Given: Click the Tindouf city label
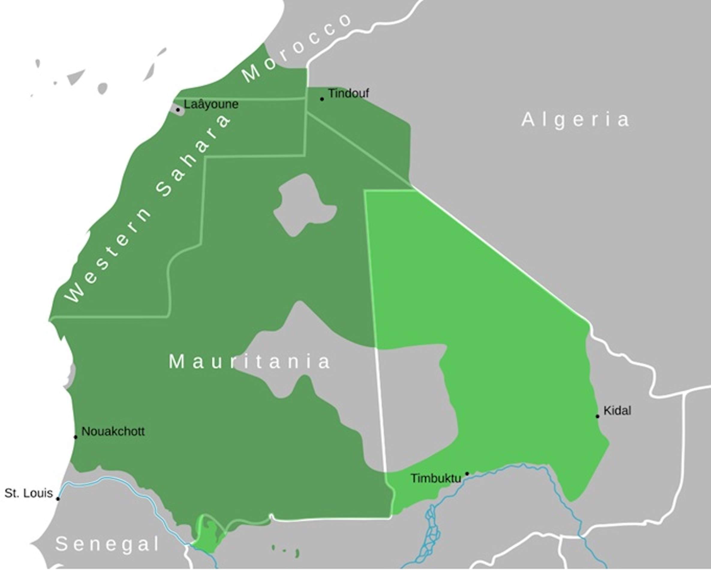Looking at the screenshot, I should click(x=348, y=93).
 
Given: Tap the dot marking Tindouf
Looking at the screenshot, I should click(x=322, y=99).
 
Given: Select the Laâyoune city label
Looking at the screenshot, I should click(x=211, y=104).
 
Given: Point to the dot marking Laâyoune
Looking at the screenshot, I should click(x=178, y=109).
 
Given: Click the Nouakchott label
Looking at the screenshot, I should click(x=113, y=431).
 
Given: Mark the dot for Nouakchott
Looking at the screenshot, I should click(x=76, y=437).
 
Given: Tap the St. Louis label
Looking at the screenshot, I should click(x=28, y=493).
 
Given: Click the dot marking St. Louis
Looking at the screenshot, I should click(x=58, y=498).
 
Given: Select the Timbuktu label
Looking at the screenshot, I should click(x=435, y=478).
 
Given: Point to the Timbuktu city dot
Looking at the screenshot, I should click(x=467, y=474).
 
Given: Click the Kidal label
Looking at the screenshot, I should click(x=617, y=411).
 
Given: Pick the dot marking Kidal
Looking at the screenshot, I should click(x=597, y=416).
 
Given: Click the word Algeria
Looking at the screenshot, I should click(x=575, y=120).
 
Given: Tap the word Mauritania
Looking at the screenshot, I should click(x=249, y=361).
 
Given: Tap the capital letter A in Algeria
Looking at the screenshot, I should click(x=528, y=119).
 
